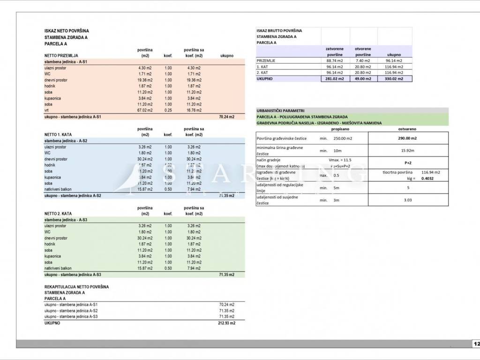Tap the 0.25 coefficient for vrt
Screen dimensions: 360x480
[168, 110]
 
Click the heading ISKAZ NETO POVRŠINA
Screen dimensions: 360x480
[67, 31]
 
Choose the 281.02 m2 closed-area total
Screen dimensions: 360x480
[335, 79]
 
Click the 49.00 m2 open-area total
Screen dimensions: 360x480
[363, 79]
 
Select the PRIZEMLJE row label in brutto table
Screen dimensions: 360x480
[266, 60]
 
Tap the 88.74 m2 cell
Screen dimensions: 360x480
[335, 60]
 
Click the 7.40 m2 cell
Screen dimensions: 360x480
[363, 60]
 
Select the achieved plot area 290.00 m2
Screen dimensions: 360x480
[407, 138]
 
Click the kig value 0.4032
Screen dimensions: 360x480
[427, 179]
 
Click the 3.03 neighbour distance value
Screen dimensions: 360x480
[407, 200]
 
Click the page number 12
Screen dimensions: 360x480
[476, 344]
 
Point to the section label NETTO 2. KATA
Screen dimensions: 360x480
[58, 214]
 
